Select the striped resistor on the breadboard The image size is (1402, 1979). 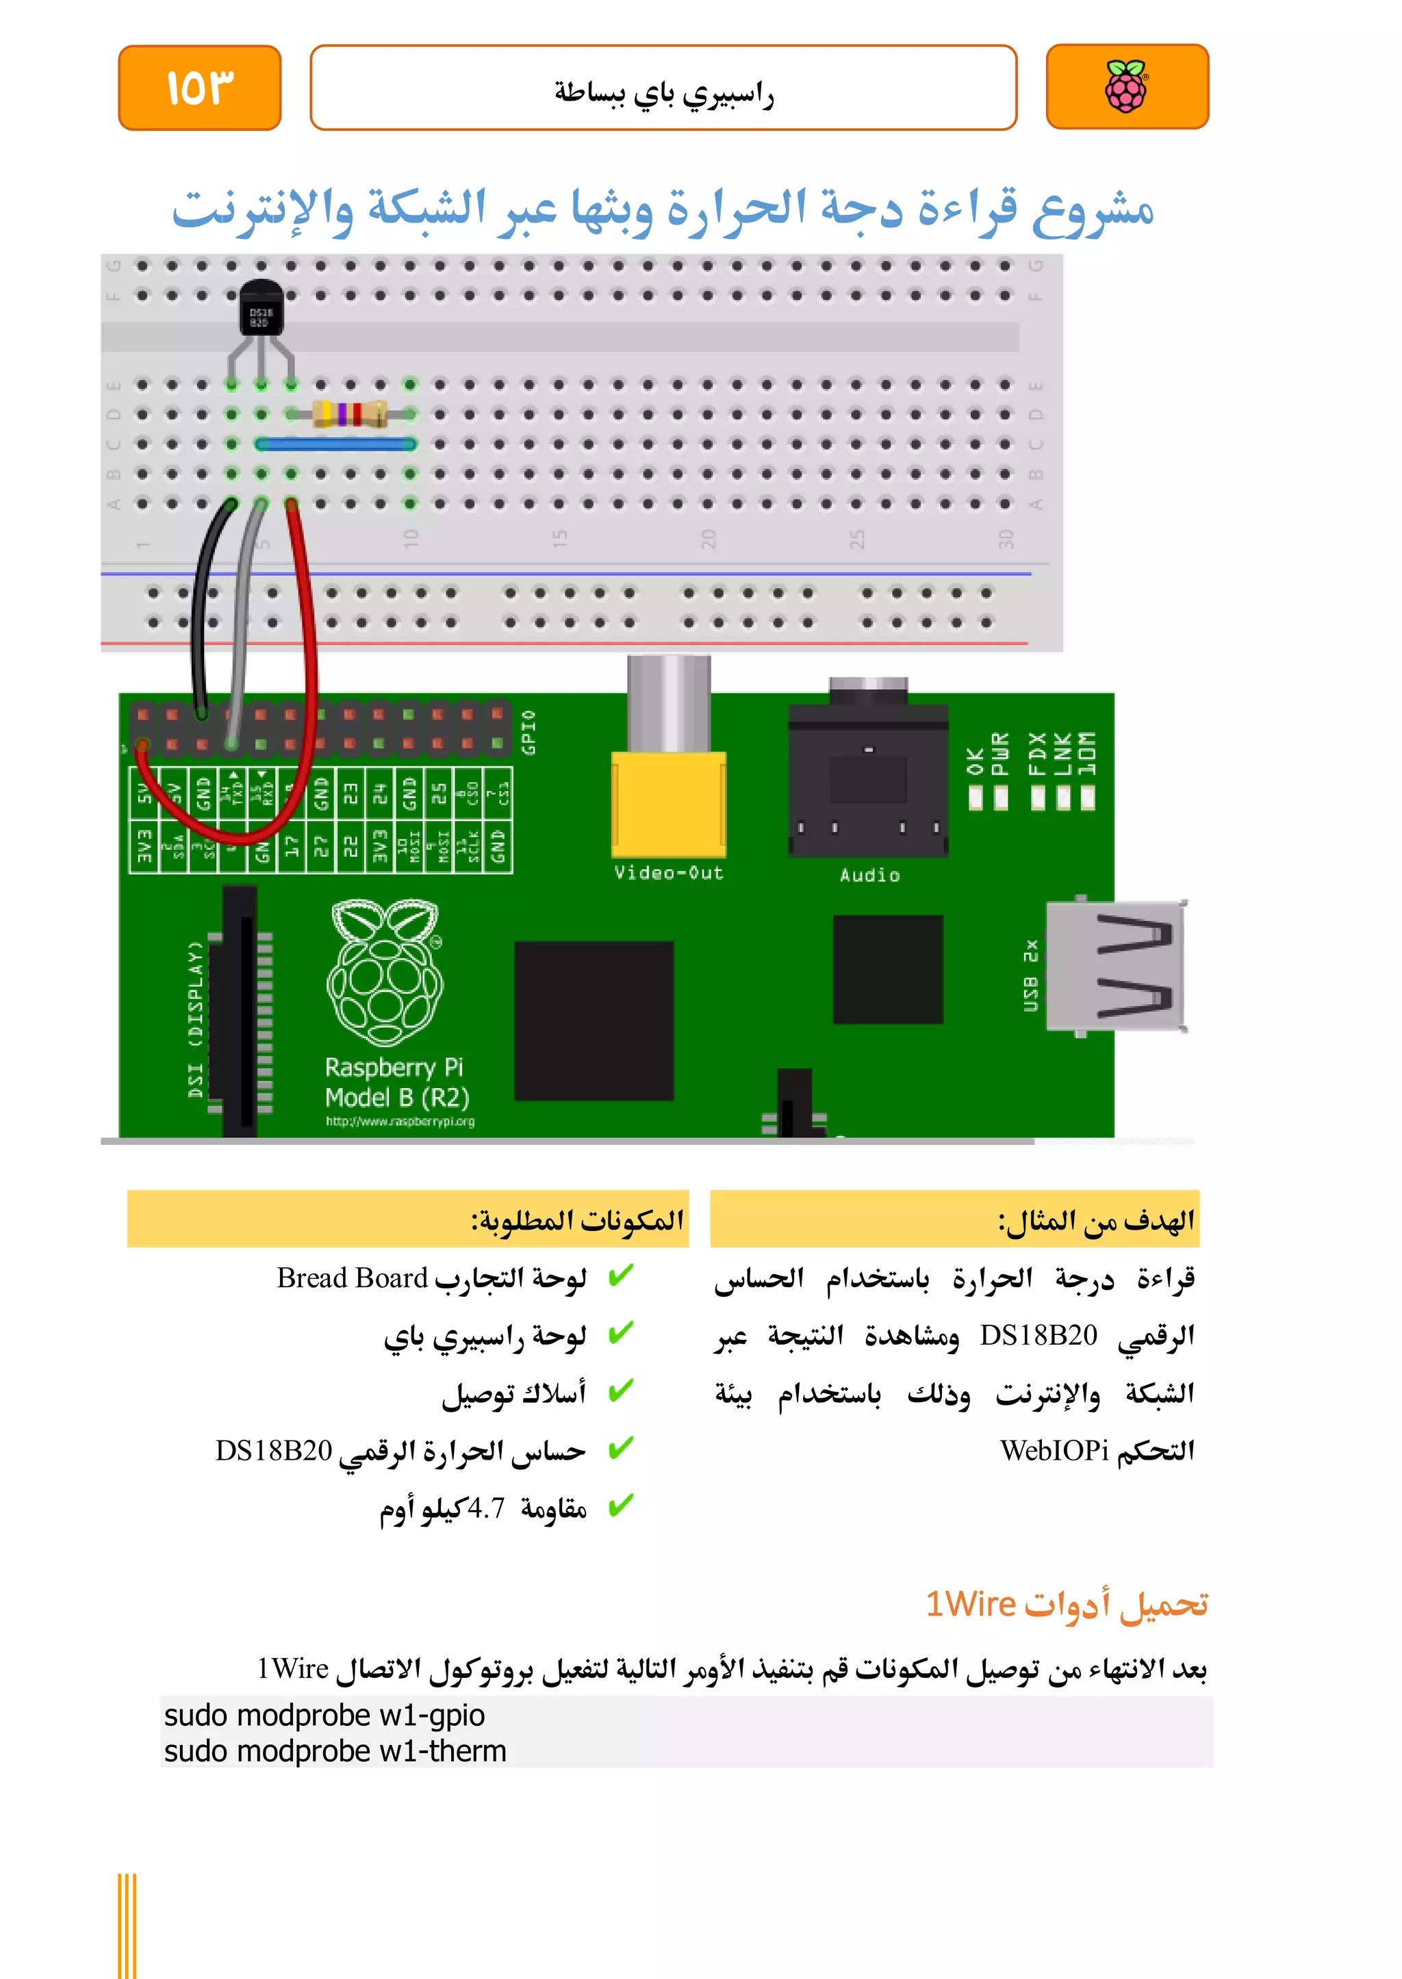coord(348,414)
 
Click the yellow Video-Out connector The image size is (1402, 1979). coord(668,803)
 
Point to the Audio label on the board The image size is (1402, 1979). coord(869,875)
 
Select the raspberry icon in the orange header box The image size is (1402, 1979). coord(1127,87)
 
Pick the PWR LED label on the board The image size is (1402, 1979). coord(999,753)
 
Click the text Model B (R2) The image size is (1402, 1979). coord(397,1098)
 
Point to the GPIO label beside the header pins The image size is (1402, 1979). coord(529,732)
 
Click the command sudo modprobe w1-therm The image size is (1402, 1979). coord(335,1751)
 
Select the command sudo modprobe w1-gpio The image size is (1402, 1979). coord(324,1715)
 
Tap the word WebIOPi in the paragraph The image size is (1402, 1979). coord(1054,1451)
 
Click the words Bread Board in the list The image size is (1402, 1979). coord(353,1278)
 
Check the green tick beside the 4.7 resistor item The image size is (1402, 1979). coord(620,1505)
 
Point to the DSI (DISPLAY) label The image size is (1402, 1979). coord(196,1018)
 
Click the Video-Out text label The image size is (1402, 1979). coord(668,872)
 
